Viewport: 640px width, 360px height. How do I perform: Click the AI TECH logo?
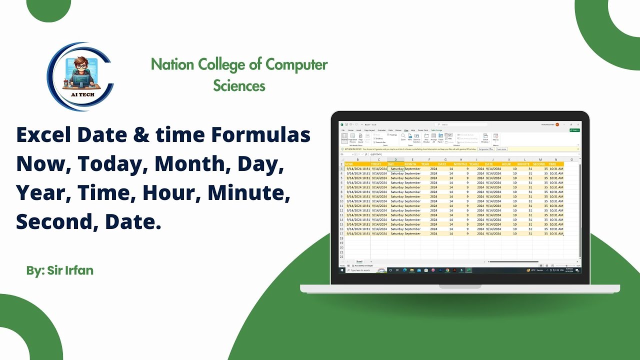click(80, 76)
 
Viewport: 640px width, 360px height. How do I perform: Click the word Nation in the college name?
click(172, 64)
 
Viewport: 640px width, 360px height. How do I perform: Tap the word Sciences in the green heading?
click(239, 85)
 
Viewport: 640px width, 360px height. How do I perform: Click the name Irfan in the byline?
click(78, 270)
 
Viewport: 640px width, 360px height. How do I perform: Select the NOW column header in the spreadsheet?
click(349, 164)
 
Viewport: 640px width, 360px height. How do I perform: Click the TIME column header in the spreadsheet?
click(552, 164)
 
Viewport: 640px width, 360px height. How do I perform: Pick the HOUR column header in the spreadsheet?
click(506, 164)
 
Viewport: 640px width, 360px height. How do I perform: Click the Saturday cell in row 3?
click(396, 169)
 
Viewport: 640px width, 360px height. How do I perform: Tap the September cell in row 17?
click(412, 233)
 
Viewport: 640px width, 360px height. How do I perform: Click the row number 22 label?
click(342, 256)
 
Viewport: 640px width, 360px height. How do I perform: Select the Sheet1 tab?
click(359, 261)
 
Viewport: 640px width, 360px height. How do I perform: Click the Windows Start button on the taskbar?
click(342, 270)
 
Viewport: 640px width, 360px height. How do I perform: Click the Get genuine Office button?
click(486, 149)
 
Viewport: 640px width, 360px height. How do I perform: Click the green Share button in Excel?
click(574, 130)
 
